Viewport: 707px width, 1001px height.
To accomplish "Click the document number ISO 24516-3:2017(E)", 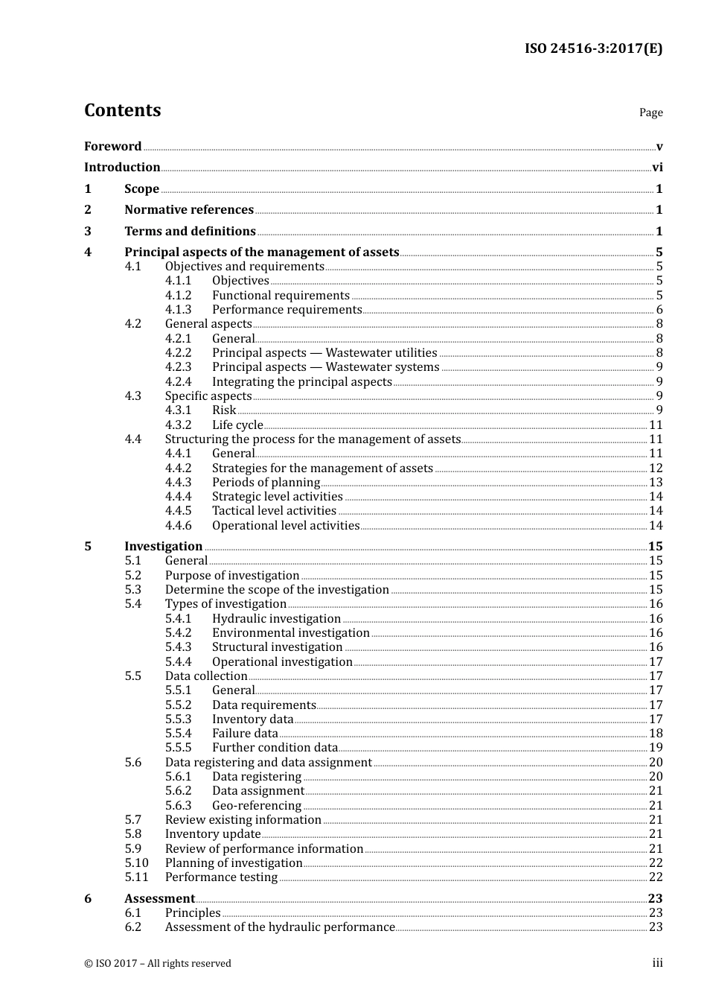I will [x=593, y=48].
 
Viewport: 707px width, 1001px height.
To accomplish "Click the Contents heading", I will [x=122, y=110].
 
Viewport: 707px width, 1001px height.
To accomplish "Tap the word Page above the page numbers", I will [x=650, y=112].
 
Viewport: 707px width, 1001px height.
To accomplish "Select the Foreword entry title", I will [x=112, y=146].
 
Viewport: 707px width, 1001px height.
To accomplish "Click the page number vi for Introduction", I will [x=657, y=168].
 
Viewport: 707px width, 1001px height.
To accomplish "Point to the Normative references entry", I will [x=189, y=210].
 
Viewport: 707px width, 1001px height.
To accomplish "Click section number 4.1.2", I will [x=178, y=296].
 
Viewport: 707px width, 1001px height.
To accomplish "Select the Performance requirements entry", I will [x=287, y=310].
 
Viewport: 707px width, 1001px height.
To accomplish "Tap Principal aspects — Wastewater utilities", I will [x=324, y=353].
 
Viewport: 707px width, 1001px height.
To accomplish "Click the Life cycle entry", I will [x=237, y=425].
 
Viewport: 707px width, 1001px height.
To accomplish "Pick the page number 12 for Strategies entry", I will [x=656, y=468].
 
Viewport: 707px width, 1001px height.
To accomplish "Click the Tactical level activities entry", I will [x=274, y=511].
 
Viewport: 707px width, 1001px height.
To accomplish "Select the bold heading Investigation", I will [x=163, y=547].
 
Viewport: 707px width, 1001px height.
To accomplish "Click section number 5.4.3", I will [x=178, y=647].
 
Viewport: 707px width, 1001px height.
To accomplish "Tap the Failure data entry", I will [x=245, y=734].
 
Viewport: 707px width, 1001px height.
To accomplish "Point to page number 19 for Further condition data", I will [x=656, y=748].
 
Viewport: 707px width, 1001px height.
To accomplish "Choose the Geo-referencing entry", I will [x=257, y=806].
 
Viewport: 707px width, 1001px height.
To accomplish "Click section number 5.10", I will [x=136, y=863].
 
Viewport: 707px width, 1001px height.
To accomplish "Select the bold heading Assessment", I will [x=159, y=899].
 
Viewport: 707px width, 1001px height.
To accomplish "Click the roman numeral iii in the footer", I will [x=657, y=963].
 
